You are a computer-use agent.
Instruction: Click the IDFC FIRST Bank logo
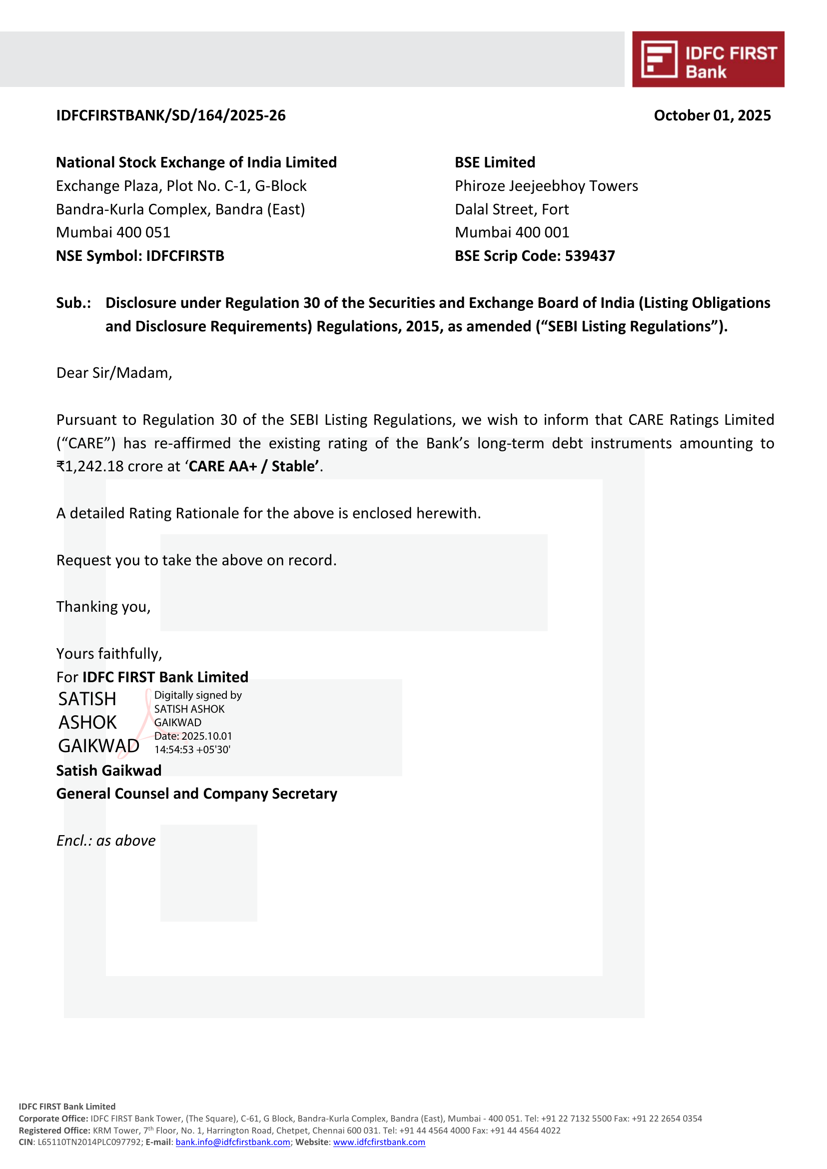point(708,59)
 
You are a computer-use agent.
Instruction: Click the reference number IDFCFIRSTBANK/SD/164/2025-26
point(170,115)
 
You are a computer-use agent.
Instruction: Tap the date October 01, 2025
point(712,115)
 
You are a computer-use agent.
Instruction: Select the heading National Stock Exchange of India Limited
point(196,162)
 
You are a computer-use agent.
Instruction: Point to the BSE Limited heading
point(495,162)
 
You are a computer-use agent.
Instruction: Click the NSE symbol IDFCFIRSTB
point(185,256)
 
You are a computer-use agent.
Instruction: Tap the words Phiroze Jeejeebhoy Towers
point(546,186)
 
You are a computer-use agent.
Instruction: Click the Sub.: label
point(73,303)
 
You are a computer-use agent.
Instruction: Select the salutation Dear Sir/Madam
point(114,373)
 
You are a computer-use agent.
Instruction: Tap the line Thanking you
point(103,607)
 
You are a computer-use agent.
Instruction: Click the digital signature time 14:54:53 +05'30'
point(192,749)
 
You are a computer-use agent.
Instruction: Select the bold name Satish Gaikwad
point(108,771)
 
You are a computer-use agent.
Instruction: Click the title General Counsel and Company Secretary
point(196,794)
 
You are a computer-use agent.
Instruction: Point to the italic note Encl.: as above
point(106,841)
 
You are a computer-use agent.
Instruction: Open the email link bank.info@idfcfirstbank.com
point(233,1142)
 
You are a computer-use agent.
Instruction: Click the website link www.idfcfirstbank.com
point(379,1142)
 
